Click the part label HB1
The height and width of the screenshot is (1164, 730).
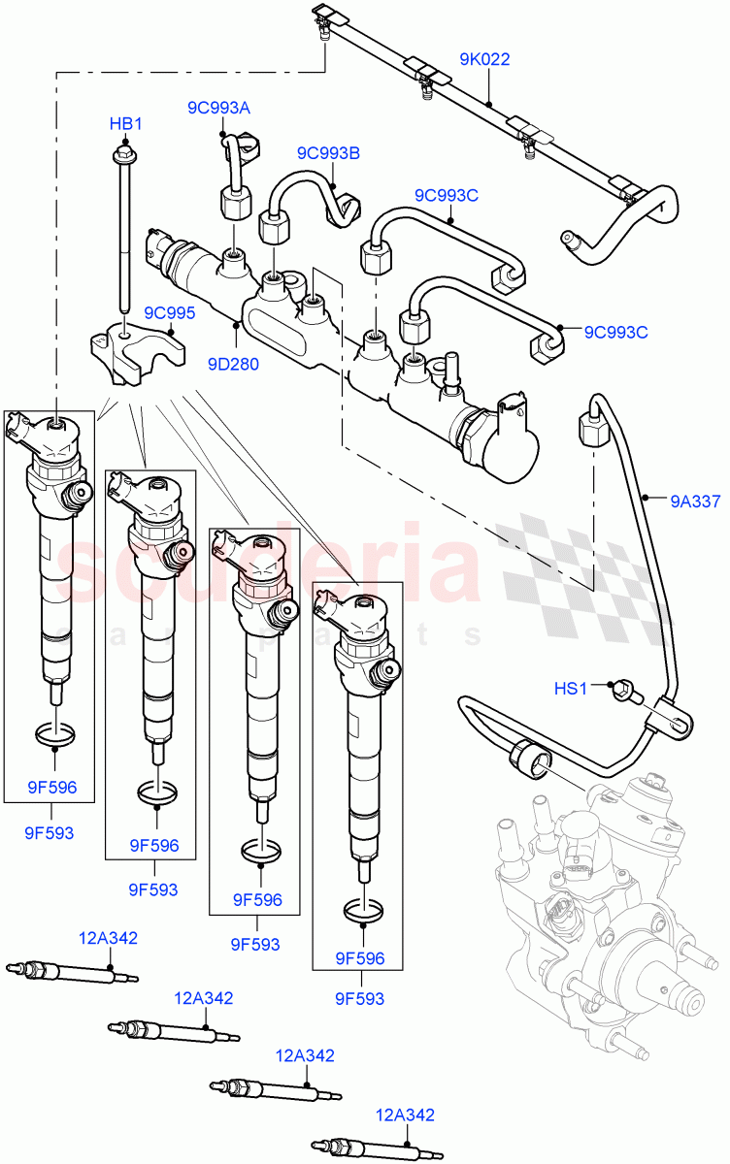pyautogui.click(x=125, y=124)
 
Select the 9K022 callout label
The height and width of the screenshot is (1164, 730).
pyautogui.click(x=484, y=59)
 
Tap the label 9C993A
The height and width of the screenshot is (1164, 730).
pyautogui.click(x=218, y=108)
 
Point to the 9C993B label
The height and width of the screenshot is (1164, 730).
pyautogui.click(x=328, y=152)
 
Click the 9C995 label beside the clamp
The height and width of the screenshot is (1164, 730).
pyautogui.click(x=170, y=313)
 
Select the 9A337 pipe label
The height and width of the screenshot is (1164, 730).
pyautogui.click(x=695, y=501)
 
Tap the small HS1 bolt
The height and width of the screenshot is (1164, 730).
pyautogui.click(x=622, y=692)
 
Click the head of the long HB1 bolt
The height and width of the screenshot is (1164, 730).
pyautogui.click(x=124, y=152)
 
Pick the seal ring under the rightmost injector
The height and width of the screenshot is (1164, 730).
pyautogui.click(x=364, y=912)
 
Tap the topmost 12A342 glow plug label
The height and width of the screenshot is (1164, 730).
pyautogui.click(x=108, y=938)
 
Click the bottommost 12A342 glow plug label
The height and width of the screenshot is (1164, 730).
pyautogui.click(x=405, y=1115)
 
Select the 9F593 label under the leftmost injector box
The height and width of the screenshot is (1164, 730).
pyautogui.click(x=49, y=832)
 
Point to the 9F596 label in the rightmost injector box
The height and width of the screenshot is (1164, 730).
pyautogui.click(x=360, y=959)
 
